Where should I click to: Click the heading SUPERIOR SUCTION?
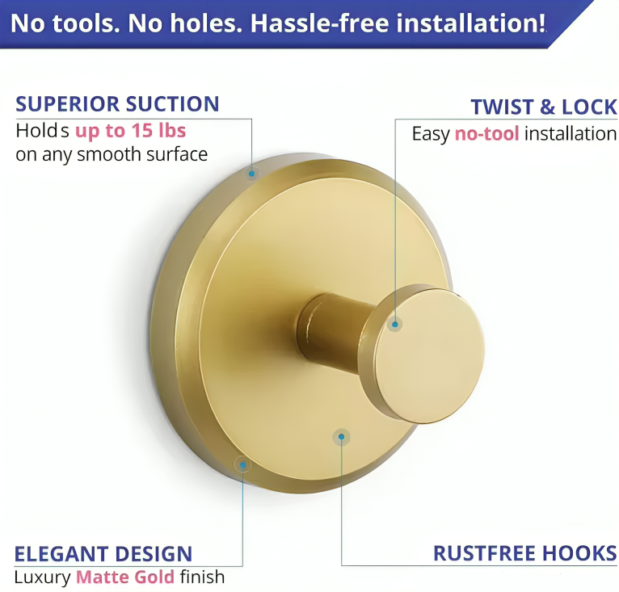pos(117,104)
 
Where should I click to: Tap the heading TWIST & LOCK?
pos(544,107)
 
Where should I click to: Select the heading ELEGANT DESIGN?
pos(103,554)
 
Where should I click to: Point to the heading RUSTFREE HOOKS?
pos(525,553)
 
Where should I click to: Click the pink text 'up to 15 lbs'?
pos(130,131)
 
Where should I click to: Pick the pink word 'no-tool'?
pos(486,134)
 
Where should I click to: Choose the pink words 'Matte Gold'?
pos(125,577)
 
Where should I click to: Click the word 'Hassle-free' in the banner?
pos(320,23)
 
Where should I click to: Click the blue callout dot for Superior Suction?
pos(252,174)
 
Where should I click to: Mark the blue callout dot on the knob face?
pos(395,325)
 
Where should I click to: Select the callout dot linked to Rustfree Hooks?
pos(342,437)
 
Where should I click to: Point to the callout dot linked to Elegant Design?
pos(242,465)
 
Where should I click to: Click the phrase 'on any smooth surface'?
pos(112,154)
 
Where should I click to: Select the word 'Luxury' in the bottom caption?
pos(42,577)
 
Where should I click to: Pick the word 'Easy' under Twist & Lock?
pos(431,134)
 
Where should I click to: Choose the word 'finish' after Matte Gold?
pos(203,577)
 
